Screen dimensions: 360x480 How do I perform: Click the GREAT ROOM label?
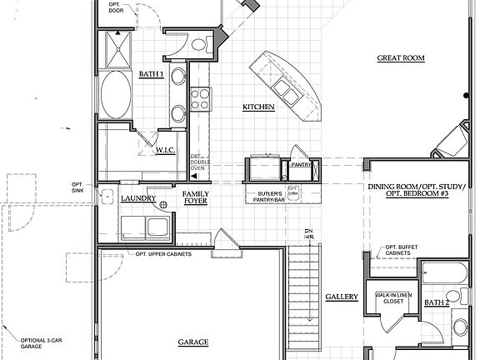[x=401, y=58]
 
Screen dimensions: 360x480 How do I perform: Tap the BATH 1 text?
[x=151, y=75]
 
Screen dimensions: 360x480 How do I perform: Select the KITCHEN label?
[x=258, y=107]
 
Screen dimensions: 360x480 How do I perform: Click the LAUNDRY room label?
[x=138, y=199]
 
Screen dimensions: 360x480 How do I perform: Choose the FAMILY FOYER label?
[x=195, y=197]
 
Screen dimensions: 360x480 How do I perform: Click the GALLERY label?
[x=342, y=297]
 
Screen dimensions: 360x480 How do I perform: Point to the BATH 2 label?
[x=437, y=302]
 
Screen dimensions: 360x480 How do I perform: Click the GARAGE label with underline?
[x=192, y=342]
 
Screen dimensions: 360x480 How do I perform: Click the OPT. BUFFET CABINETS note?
[x=403, y=251]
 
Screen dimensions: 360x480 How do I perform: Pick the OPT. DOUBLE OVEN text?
[x=197, y=162]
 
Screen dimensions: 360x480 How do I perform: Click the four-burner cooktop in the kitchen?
[x=201, y=99]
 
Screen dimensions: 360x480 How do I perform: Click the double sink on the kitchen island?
[x=286, y=87]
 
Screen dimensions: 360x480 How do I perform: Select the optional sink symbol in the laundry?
[x=107, y=197]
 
